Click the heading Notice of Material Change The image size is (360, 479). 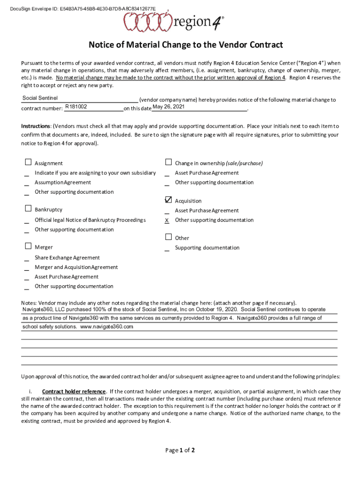[186, 45]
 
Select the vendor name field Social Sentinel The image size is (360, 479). [40, 98]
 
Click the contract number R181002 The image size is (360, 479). [76, 107]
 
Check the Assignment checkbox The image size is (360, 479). [28, 163]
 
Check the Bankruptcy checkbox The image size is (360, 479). [28, 209]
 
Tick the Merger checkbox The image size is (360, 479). [28, 247]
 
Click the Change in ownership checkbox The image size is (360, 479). [168, 163]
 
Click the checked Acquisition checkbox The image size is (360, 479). [168, 200]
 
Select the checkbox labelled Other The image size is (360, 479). [168, 237]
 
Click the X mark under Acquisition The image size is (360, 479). [167, 220]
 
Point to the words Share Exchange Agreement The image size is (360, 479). [67, 258]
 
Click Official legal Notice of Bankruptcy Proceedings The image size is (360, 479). [90, 220]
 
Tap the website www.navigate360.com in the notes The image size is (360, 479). [107, 327]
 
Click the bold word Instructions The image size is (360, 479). [36, 126]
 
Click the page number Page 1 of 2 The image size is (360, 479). [180, 450]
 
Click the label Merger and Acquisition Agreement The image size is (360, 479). [76, 267]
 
